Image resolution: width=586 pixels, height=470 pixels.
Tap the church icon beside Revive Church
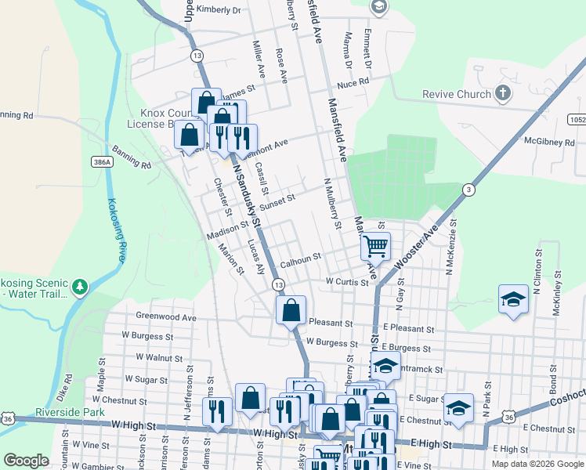[x=503, y=94]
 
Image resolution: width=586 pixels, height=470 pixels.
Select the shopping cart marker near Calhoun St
[x=375, y=246]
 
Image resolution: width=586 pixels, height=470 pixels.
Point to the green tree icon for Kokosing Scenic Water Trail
[x=79, y=287]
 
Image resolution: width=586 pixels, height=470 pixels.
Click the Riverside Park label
[x=70, y=412]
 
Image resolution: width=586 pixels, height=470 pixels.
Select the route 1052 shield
[x=577, y=119]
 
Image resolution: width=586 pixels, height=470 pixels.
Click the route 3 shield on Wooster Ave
[x=468, y=190]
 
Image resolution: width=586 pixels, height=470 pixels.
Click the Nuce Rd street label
[x=353, y=83]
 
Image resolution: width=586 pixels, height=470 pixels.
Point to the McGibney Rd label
[x=551, y=142]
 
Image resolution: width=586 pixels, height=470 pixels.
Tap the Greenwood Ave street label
[x=166, y=317]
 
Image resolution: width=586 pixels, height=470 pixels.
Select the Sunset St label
[x=277, y=201]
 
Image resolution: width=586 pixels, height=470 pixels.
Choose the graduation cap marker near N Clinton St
[x=513, y=300]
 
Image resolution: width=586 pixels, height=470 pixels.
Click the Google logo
[x=26, y=461]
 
